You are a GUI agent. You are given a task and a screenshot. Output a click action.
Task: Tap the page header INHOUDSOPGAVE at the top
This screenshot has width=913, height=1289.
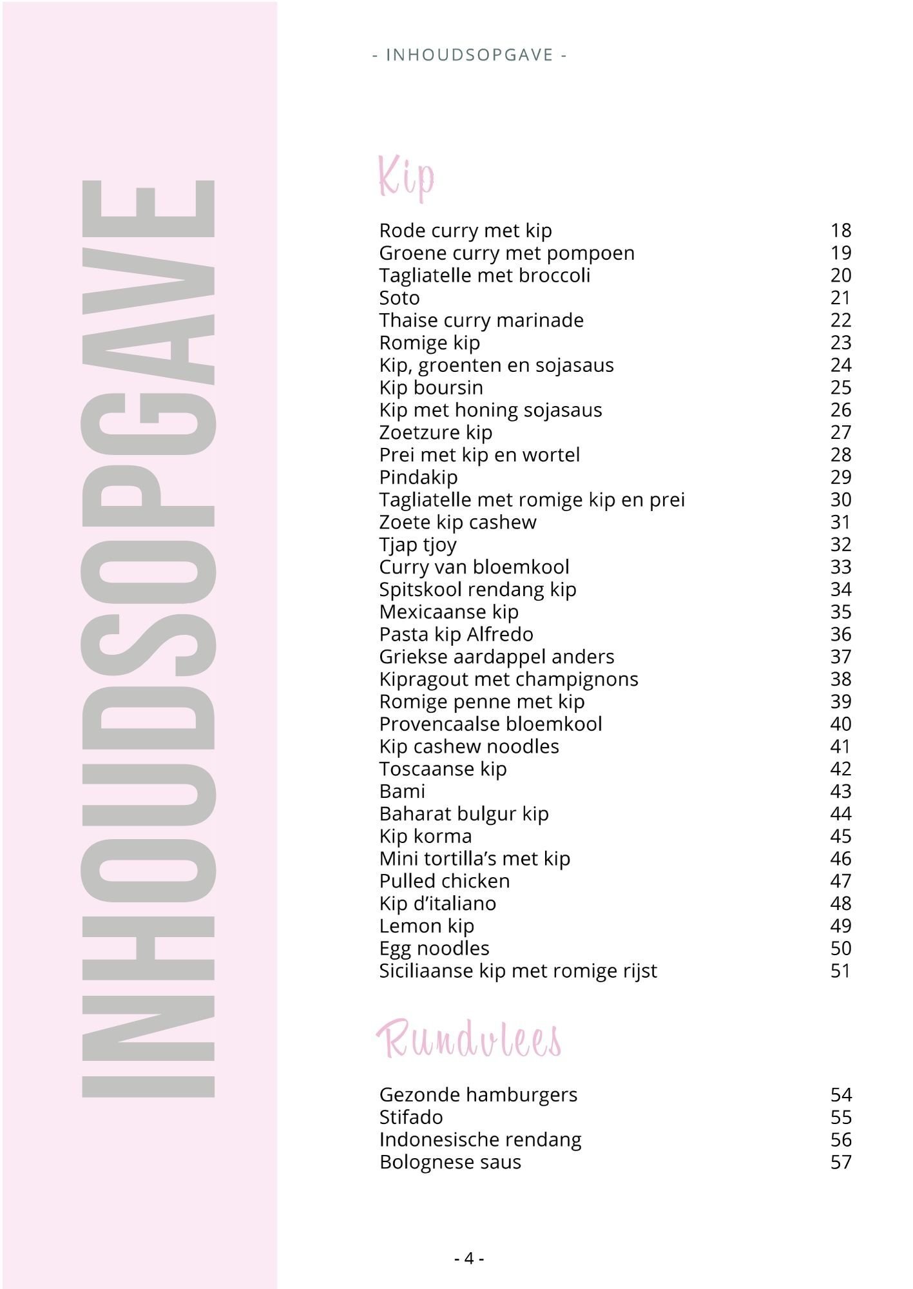[x=469, y=55]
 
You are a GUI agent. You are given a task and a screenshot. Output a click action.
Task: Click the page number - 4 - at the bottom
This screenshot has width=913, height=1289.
[x=469, y=1258]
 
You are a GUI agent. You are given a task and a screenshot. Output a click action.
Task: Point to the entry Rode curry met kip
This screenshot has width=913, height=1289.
[x=465, y=230]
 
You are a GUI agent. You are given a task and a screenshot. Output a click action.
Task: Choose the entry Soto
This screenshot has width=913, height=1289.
[x=399, y=298]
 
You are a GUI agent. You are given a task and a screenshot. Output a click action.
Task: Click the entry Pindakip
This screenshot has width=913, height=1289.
[x=418, y=477]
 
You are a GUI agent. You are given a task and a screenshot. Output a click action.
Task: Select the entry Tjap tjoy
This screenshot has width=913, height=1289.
[x=418, y=545]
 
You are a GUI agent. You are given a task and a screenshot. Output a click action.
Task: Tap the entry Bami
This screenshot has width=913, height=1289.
[x=402, y=791]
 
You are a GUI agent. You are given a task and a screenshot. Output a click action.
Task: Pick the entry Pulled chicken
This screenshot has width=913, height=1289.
[x=444, y=880]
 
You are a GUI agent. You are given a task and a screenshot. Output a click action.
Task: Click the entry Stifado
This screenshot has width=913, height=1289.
[x=410, y=1117]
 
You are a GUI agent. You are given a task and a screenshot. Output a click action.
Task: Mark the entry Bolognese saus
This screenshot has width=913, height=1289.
[x=450, y=1162]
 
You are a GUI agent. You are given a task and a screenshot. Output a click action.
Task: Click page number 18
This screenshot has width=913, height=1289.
[x=841, y=230]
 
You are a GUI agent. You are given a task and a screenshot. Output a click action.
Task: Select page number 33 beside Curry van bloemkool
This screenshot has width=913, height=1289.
[x=841, y=567]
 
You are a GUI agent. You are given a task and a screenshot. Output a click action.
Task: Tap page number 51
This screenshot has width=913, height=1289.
[x=841, y=971]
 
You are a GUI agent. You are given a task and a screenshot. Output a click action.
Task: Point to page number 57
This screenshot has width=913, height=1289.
[x=841, y=1162]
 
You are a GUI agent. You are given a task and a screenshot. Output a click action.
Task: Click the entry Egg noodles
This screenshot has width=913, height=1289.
[x=434, y=948]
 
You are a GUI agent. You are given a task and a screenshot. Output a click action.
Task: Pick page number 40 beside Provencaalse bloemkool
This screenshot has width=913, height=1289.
[x=841, y=724]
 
